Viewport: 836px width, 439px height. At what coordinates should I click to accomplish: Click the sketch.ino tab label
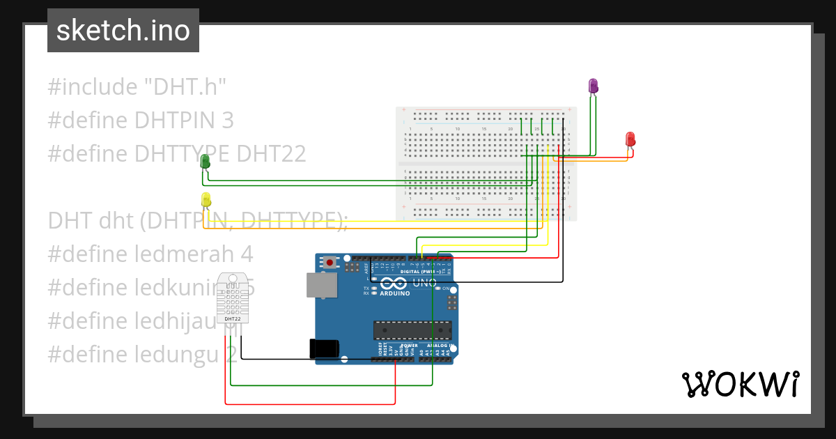(123, 31)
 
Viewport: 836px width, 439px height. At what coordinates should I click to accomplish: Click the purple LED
(593, 86)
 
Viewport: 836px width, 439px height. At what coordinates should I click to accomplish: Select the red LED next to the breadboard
(630, 139)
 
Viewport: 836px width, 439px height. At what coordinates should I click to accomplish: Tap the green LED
(205, 161)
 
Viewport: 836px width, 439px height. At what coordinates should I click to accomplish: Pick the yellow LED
(206, 199)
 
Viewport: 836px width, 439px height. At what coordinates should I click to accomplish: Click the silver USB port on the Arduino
(321, 284)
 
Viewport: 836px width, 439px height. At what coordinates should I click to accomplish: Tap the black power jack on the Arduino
(324, 348)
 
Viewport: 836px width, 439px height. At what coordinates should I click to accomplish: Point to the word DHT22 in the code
(272, 153)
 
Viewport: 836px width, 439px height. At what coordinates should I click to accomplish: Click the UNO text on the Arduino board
(424, 283)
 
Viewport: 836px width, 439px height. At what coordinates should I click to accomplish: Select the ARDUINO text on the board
(395, 293)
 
